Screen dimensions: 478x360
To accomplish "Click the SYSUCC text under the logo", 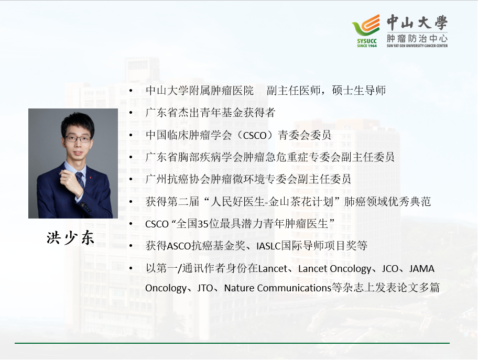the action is click(x=367, y=41).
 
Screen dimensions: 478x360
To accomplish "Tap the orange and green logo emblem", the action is click(x=366, y=25).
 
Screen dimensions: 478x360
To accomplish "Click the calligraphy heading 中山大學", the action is click(x=417, y=23).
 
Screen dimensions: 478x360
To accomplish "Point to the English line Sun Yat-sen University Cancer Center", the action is click(x=417, y=46).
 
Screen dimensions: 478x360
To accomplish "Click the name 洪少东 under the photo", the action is click(x=70, y=238).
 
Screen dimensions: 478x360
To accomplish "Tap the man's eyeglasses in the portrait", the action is click(x=78, y=139).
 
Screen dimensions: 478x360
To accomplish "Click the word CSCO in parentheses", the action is click(x=255, y=135).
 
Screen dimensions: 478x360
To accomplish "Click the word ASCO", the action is click(x=179, y=246).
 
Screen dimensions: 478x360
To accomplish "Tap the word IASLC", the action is click(x=268, y=246).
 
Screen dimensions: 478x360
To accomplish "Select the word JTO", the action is click(x=205, y=288).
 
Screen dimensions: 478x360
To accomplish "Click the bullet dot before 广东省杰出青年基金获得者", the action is click(x=131, y=113).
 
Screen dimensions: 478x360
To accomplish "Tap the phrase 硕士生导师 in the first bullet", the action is click(x=359, y=90).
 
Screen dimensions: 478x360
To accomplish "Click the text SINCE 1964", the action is click(x=367, y=46).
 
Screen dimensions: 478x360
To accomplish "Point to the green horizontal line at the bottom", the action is click(x=232, y=343).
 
